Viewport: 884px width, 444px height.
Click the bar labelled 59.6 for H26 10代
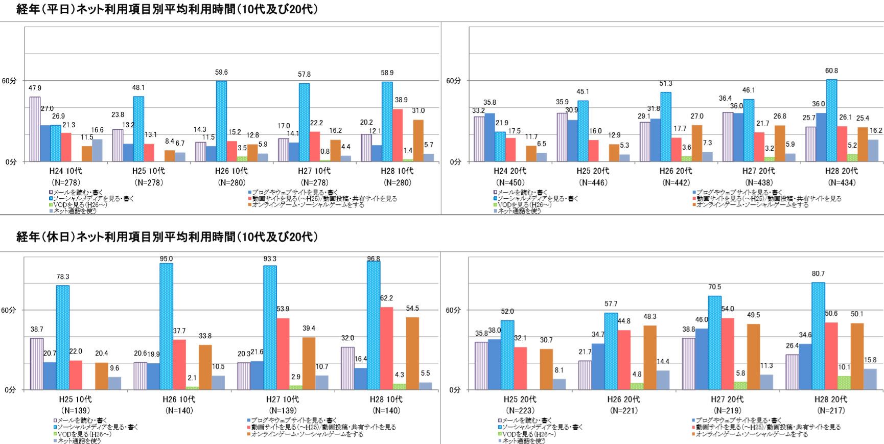tap(221, 122)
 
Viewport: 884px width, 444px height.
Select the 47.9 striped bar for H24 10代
tap(35, 129)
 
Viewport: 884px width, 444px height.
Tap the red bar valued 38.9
tap(398, 135)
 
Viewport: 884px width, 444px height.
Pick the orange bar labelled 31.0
tap(418, 141)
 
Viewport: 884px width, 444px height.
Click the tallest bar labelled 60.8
tap(831, 121)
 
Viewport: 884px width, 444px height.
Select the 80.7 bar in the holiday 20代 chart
tap(818, 336)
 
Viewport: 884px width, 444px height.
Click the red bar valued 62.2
tap(386, 348)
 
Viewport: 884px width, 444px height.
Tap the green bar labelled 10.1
tap(844, 383)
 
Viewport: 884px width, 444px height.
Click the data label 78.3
tap(63, 277)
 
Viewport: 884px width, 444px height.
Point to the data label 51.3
tap(666, 84)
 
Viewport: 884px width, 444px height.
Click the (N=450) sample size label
tap(510, 182)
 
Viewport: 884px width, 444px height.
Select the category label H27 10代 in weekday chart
tap(314, 171)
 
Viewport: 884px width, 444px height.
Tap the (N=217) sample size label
tap(831, 410)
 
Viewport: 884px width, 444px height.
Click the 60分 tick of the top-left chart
tap(9, 81)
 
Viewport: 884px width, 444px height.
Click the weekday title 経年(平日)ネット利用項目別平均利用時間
tap(167, 9)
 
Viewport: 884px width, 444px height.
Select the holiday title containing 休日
tap(167, 237)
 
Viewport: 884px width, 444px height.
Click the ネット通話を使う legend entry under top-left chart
tap(75, 211)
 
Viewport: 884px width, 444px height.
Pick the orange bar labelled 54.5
tap(412, 354)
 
